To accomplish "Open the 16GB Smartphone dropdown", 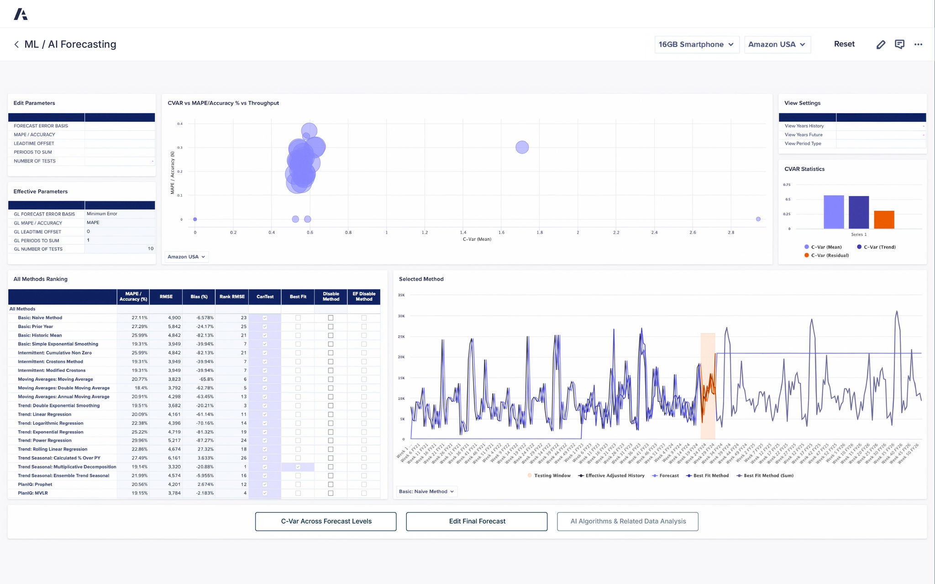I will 696,45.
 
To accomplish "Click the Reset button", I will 844,44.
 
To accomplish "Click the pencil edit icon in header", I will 881,45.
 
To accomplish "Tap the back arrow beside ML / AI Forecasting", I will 16,44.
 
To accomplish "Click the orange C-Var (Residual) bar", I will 884,219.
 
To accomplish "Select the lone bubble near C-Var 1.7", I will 522,147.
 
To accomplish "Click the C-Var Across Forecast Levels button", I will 326,521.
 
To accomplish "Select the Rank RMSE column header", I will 232,297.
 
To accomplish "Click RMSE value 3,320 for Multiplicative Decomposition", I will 174,467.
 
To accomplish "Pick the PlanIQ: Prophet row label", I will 35,485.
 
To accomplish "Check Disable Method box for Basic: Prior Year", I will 331,327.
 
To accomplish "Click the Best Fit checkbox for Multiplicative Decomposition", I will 298,467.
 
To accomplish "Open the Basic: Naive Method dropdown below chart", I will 426,491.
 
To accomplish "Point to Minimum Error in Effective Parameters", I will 102,214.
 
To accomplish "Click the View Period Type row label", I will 803,144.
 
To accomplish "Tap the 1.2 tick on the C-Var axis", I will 425,233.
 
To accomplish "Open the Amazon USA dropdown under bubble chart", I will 186,257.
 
